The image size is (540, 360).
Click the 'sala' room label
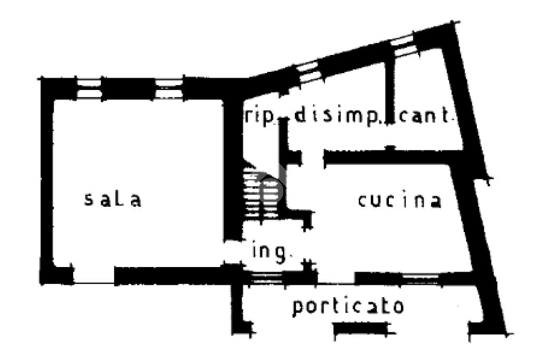coord(113,200)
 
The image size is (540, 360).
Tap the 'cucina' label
coord(399,201)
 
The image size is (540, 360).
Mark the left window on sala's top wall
coord(88,89)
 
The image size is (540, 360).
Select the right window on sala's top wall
coord(169,89)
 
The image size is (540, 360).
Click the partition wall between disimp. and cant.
coord(390,100)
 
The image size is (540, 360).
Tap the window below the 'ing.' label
coord(266,278)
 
